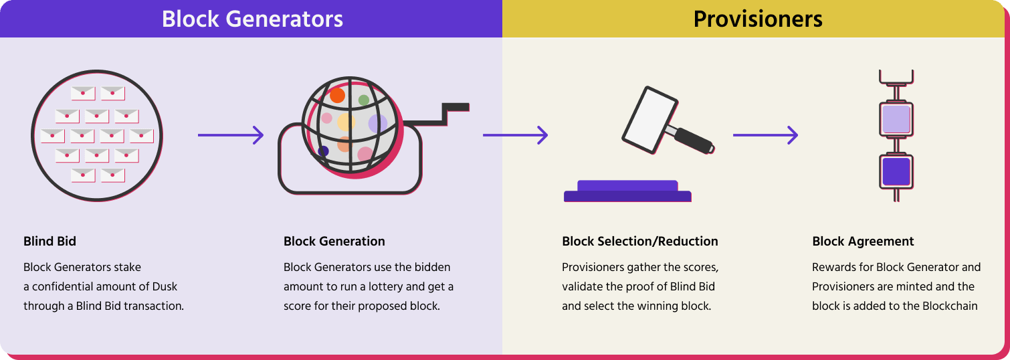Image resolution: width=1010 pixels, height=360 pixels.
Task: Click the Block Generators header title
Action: (252, 19)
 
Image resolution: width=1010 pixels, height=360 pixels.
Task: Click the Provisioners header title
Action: (758, 19)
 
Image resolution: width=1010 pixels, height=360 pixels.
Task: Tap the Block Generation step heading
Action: (334, 242)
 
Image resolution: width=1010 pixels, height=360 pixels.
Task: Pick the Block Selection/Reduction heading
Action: (640, 242)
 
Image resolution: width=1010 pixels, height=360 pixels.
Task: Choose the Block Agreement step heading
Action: (863, 242)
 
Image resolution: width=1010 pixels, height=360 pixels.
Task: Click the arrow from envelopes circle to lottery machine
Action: (231, 135)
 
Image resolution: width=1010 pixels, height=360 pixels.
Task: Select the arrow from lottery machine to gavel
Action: (515, 135)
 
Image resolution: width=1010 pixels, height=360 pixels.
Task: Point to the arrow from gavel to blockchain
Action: (765, 135)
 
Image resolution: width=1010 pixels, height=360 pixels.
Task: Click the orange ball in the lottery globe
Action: (337, 95)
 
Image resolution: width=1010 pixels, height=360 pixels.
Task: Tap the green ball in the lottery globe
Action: (364, 100)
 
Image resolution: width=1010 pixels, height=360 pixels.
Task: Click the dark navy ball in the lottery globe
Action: (324, 151)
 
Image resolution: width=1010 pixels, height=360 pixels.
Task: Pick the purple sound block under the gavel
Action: (627, 191)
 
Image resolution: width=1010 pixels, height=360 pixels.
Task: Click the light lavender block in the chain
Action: (896, 118)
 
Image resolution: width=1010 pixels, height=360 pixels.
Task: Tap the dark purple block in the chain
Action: (896, 171)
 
